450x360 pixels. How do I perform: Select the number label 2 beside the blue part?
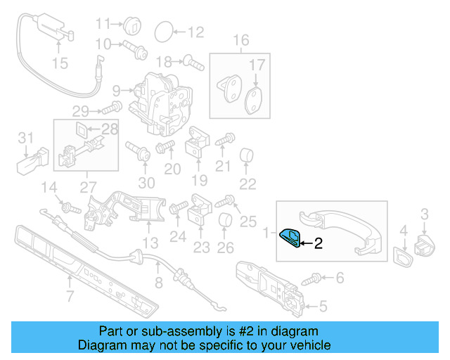coord(318,244)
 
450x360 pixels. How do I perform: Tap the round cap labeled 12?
coord(163,31)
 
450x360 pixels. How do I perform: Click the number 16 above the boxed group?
coord(241,40)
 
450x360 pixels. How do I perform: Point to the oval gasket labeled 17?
coord(255,99)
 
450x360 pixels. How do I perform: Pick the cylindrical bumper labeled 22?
coord(247,155)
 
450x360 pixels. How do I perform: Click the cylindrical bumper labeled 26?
coord(225,224)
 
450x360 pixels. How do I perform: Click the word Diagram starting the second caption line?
coord(101,345)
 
